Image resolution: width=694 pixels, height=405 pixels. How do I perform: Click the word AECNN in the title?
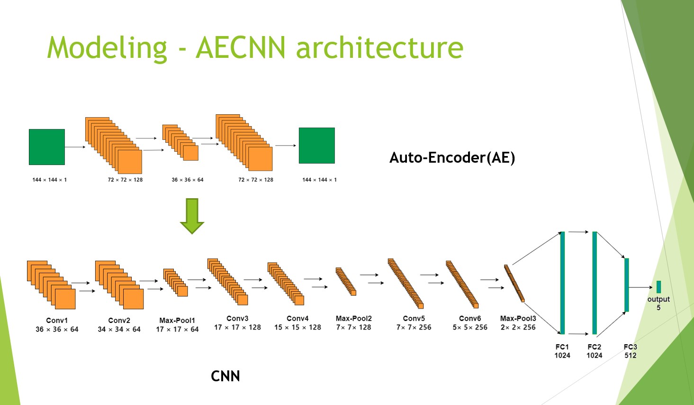(241, 47)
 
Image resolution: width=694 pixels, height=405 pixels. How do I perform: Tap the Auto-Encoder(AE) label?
(452, 157)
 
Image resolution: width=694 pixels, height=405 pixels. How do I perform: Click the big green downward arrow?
(192, 216)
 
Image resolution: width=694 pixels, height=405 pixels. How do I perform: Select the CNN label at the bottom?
(225, 376)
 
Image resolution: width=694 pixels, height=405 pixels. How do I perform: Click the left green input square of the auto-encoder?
(47, 147)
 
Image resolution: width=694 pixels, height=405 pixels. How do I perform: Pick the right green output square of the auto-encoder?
(316, 146)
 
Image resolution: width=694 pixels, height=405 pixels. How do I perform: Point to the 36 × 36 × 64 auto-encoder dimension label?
(188, 180)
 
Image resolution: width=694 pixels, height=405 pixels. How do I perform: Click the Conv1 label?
(57, 320)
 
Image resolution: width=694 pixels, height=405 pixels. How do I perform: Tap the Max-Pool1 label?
(177, 320)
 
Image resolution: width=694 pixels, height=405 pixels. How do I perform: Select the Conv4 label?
(297, 319)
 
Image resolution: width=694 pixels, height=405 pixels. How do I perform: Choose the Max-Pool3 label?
(518, 319)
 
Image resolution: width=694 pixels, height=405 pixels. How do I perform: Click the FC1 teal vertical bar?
(562, 283)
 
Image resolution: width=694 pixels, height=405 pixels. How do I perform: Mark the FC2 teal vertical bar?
(595, 283)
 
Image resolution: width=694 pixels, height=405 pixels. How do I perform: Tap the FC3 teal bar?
(626, 285)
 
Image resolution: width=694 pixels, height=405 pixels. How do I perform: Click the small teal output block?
(658, 287)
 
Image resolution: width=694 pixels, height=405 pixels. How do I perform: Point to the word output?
(658, 300)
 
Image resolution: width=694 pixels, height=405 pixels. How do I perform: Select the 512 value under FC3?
(631, 355)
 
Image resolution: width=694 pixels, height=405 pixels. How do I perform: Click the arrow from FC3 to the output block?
(641, 287)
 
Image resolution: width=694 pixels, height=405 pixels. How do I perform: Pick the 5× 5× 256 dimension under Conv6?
(470, 328)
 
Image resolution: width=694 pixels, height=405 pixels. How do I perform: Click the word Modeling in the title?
(107, 48)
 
